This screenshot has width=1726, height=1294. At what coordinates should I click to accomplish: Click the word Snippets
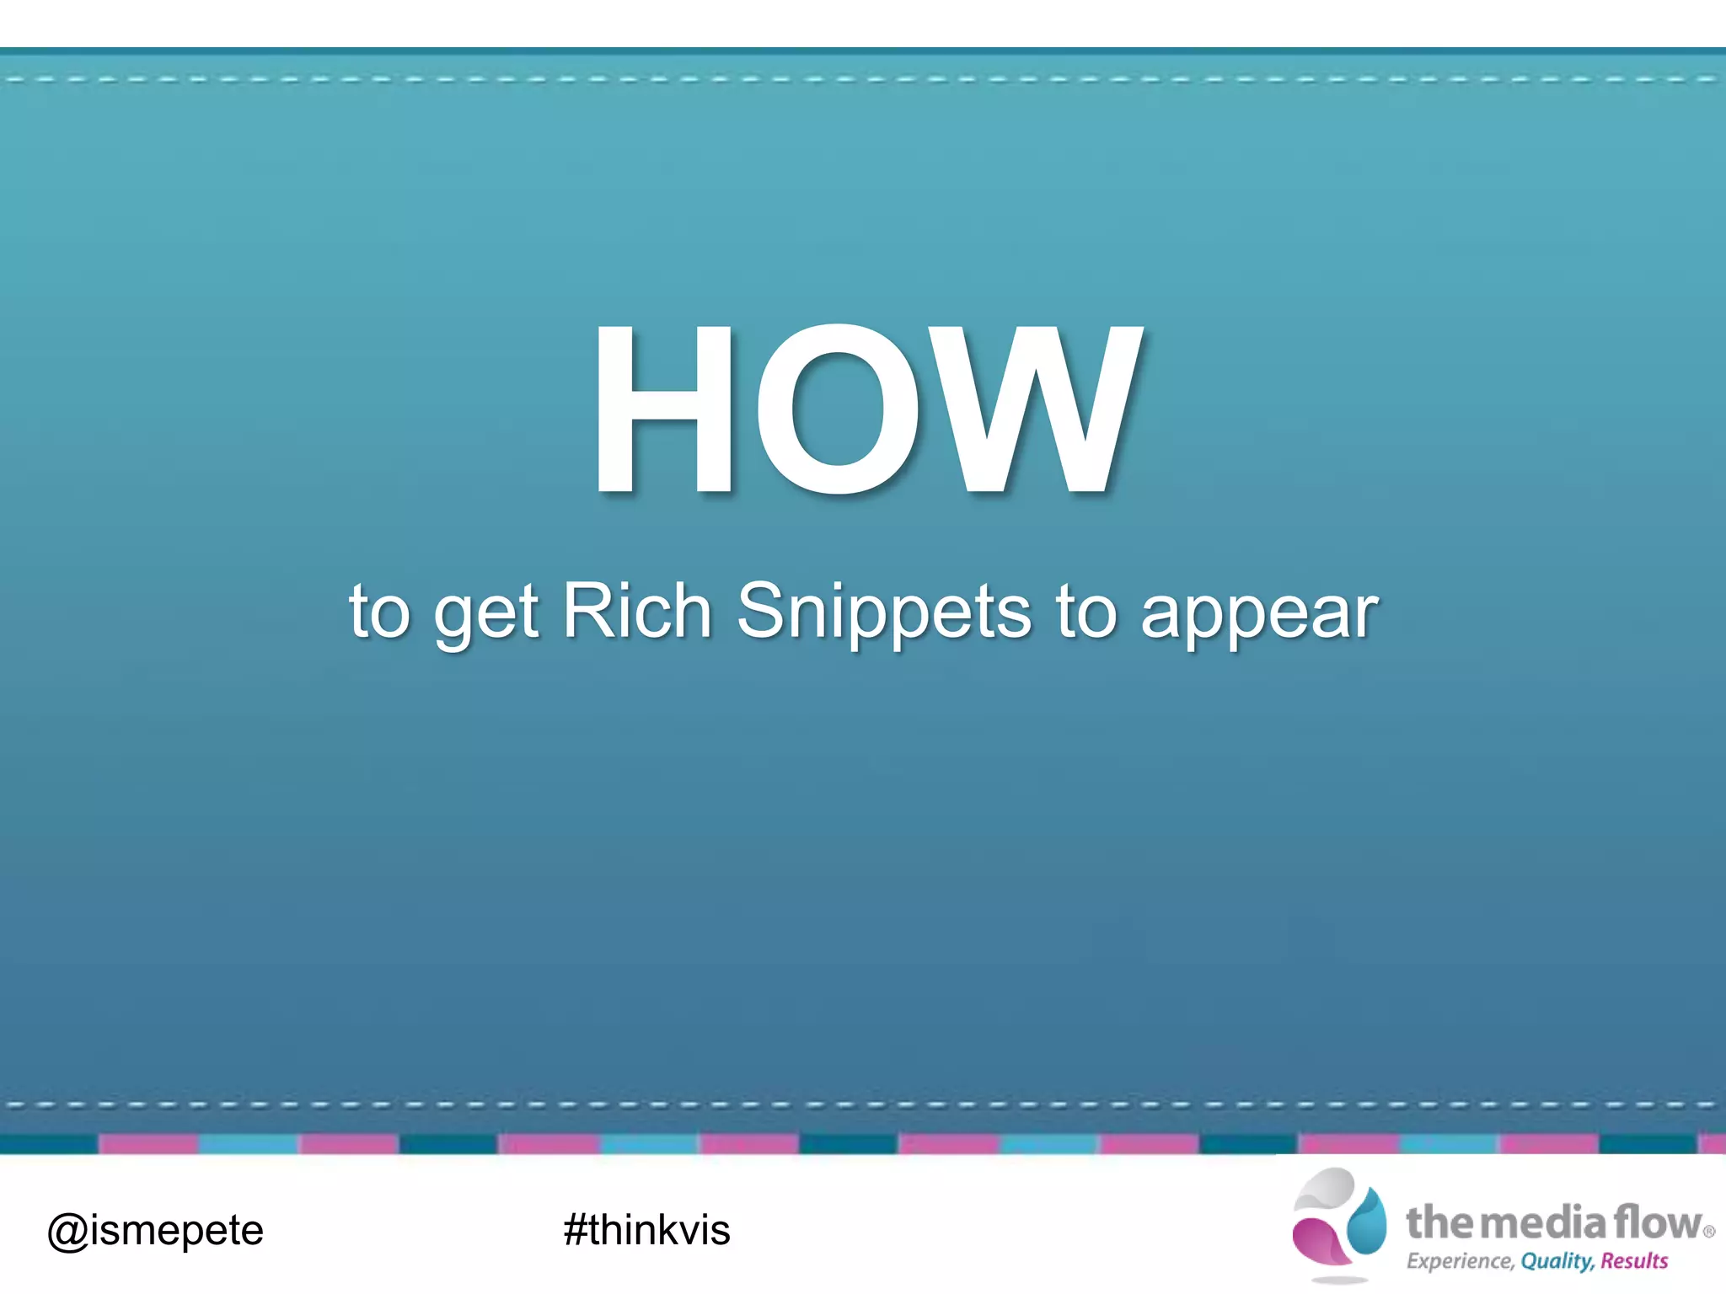coord(883,613)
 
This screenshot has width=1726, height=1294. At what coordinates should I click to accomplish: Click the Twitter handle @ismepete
coord(155,1231)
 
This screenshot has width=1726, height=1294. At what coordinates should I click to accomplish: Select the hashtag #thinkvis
coord(646,1229)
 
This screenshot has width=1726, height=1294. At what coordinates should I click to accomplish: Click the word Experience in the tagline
coord(1460,1261)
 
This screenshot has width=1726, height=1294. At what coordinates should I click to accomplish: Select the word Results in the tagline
coord(1634,1261)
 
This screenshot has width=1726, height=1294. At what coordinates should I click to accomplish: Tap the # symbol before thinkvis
coord(576,1229)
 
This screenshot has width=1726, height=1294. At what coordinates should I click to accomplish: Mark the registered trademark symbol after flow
coord(1708,1232)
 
